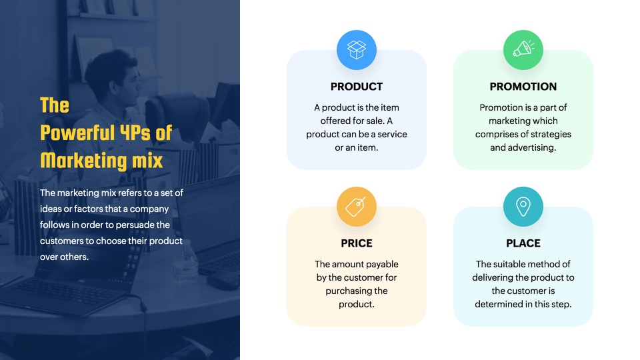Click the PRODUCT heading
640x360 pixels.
(x=356, y=87)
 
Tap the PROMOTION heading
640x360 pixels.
(x=523, y=87)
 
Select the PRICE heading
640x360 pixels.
(x=356, y=243)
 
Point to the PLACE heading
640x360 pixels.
(x=523, y=243)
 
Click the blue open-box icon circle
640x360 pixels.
(x=356, y=50)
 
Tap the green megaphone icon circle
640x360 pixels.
(x=523, y=50)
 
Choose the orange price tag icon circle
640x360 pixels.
(x=356, y=207)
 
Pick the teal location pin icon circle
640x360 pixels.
(x=523, y=207)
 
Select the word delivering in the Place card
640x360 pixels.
(x=492, y=277)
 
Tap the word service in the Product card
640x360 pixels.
(x=392, y=134)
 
